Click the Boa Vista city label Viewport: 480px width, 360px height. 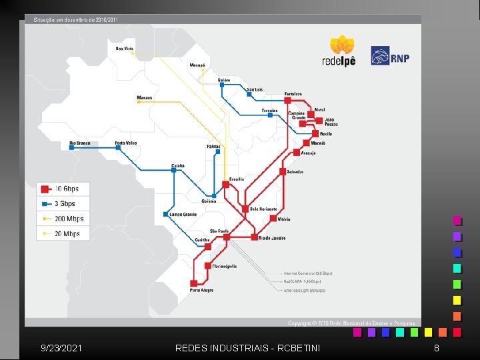tap(125, 48)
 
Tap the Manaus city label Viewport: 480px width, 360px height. tap(145, 97)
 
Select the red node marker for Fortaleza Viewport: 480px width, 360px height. tap(287, 100)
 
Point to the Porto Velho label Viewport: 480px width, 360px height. tap(126, 143)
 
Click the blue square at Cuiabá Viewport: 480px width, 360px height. tap(173, 170)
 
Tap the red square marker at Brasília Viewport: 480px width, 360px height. tap(225, 185)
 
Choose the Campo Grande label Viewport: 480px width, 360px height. tap(183, 214)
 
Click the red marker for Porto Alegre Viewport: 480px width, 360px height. tap(193, 283)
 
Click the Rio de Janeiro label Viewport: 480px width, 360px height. tap(271, 237)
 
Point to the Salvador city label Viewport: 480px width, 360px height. tap(295, 171)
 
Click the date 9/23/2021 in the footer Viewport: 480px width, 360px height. tap(62, 348)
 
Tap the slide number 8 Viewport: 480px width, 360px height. tap(436, 348)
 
